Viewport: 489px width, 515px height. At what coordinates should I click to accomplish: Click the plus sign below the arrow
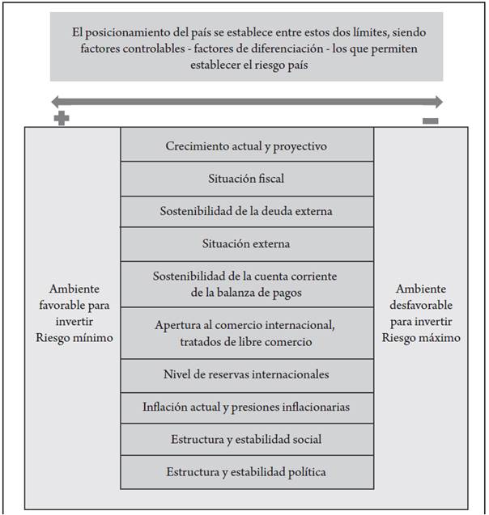coord(61,119)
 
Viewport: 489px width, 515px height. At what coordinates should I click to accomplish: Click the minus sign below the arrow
coord(431,120)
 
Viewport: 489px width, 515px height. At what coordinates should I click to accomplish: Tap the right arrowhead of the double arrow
coord(437,102)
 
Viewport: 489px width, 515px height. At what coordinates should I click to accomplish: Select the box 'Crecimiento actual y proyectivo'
coord(247,146)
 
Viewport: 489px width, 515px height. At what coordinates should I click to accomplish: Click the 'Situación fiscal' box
coord(247,178)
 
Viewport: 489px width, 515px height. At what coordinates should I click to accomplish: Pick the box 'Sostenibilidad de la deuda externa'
coord(247,211)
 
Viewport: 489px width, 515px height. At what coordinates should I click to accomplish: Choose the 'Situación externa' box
coord(247,243)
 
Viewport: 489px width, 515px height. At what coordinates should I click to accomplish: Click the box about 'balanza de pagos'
coord(247,284)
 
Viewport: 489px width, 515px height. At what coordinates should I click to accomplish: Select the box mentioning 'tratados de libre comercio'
coord(247,333)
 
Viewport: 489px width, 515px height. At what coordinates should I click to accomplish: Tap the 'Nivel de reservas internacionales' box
coord(247,374)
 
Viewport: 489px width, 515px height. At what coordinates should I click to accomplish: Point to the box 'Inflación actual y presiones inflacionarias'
coord(247,407)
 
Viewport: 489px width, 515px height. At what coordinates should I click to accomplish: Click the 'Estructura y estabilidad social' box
coord(247,439)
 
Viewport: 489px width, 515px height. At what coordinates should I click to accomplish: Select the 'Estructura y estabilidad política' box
coord(247,471)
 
